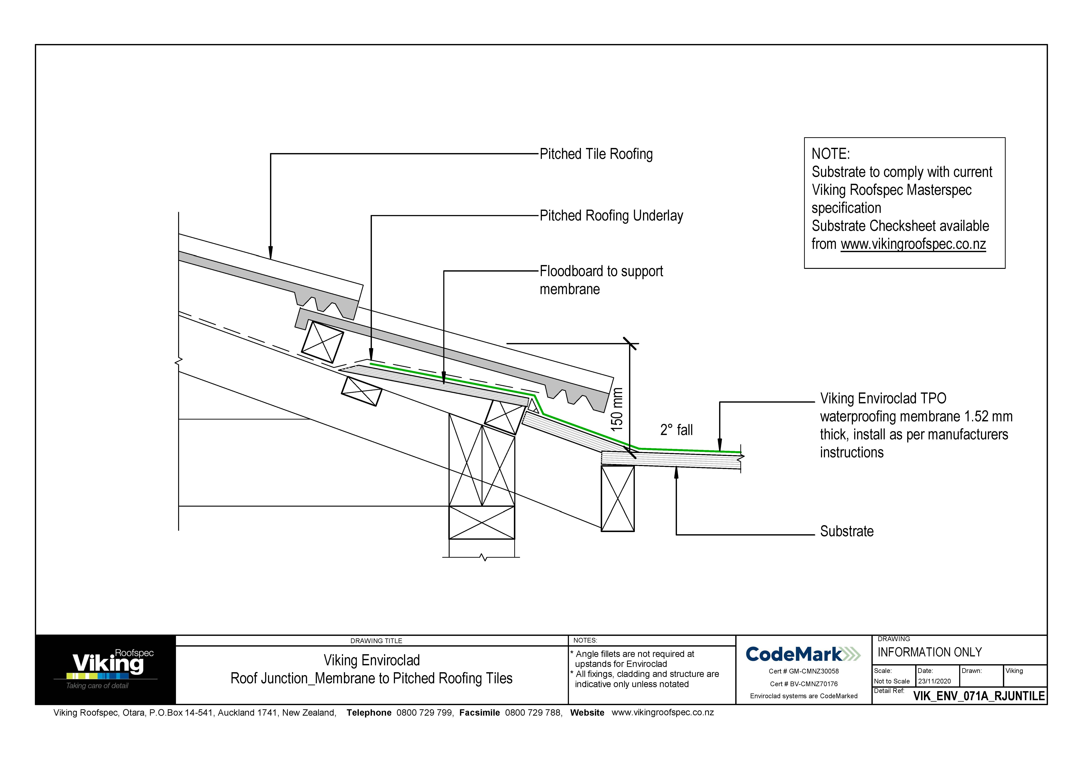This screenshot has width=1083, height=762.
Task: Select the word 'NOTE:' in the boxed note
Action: pyautogui.click(x=830, y=154)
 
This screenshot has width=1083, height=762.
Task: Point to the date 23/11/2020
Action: pyautogui.click(x=934, y=681)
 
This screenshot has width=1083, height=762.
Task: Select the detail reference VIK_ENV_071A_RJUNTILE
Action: pyautogui.click(x=979, y=696)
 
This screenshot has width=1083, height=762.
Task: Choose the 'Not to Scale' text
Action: pyautogui.click(x=891, y=681)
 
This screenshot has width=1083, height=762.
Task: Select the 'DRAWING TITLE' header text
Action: pyautogui.click(x=376, y=641)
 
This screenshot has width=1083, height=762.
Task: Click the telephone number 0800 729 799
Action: pyautogui.click(x=425, y=712)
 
